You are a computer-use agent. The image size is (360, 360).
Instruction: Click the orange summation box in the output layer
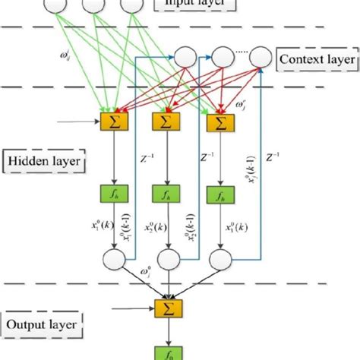(165, 308)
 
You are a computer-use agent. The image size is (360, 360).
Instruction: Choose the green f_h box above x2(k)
(165, 195)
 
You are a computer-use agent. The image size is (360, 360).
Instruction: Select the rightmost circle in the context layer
(261, 55)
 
